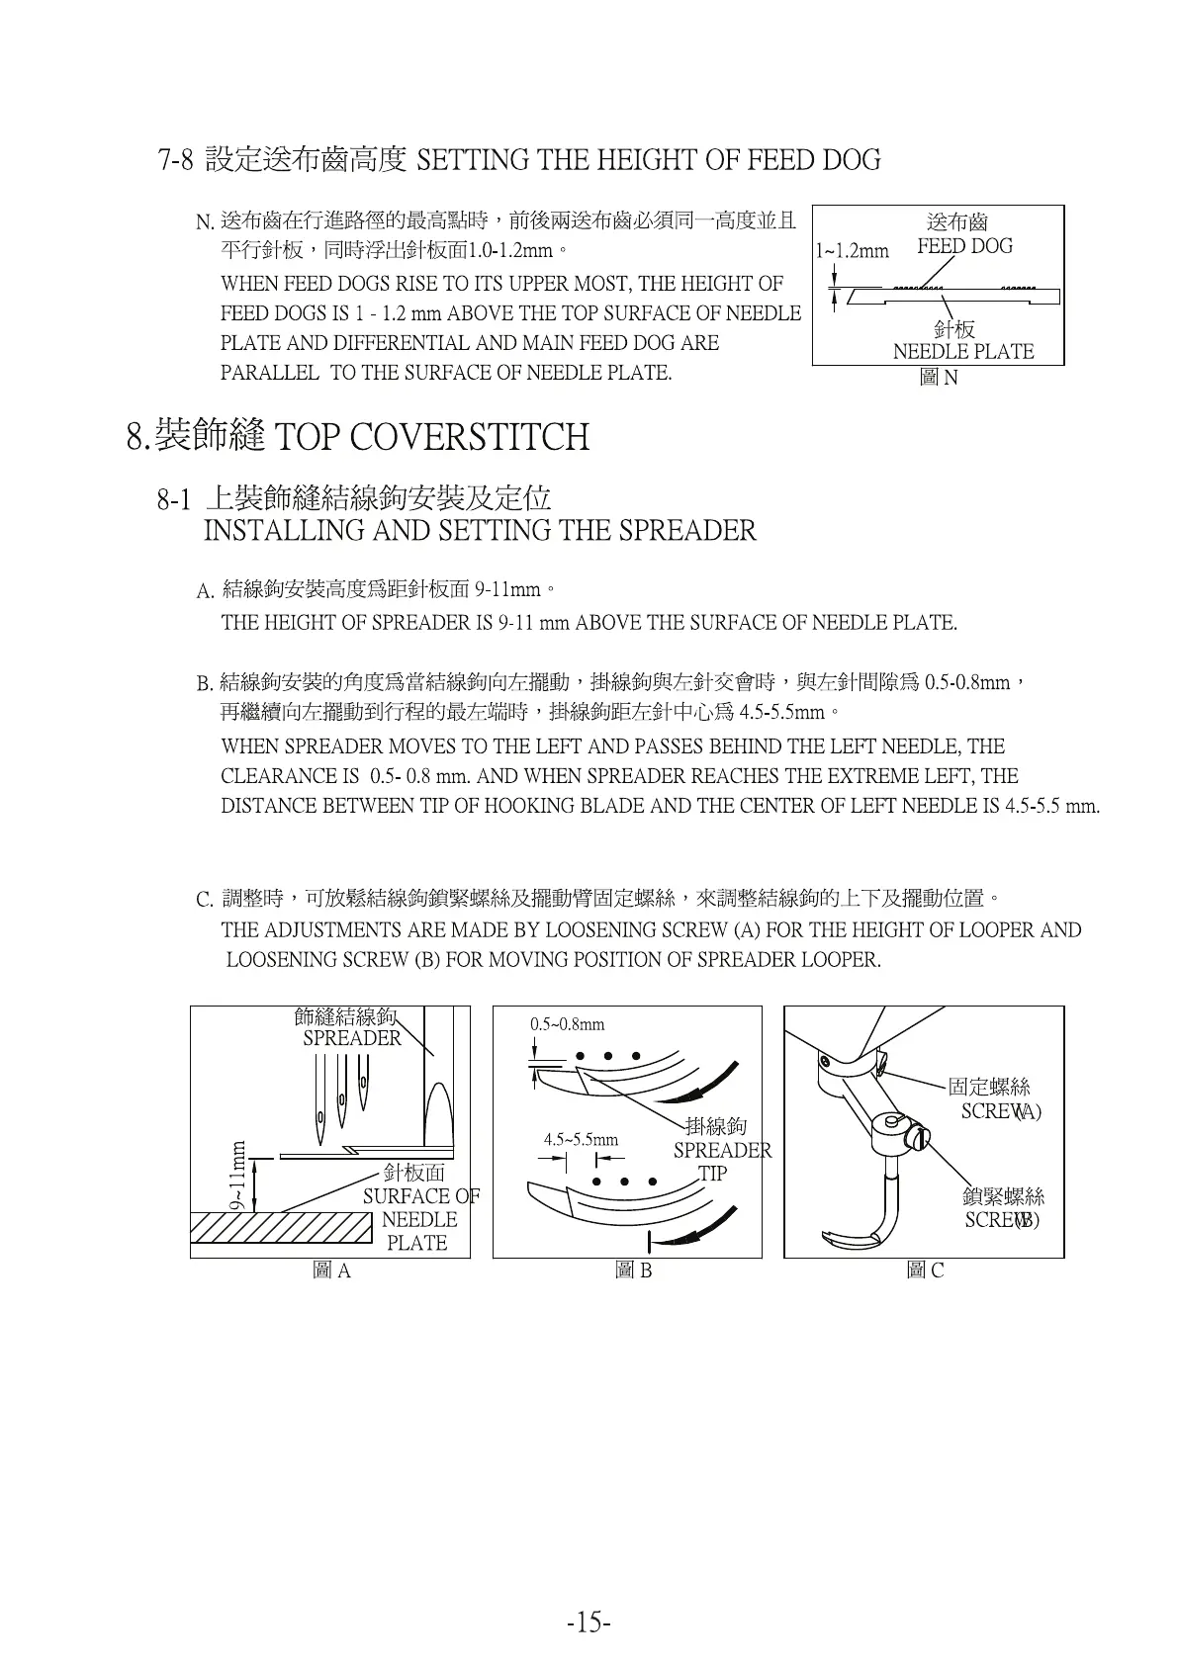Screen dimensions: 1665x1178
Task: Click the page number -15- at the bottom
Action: click(x=589, y=1622)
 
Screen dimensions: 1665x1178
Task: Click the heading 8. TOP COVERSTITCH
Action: click(x=358, y=436)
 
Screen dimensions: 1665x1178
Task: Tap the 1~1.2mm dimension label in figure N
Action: click(x=853, y=250)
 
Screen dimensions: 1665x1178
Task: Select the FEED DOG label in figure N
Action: click(x=964, y=246)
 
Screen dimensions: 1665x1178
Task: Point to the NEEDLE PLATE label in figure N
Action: click(x=962, y=352)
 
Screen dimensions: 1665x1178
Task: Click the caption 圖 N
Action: click(x=938, y=377)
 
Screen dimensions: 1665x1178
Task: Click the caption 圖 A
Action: click(x=331, y=1271)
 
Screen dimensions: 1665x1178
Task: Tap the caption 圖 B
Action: click(x=633, y=1271)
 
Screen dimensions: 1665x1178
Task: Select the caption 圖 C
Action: click(x=925, y=1271)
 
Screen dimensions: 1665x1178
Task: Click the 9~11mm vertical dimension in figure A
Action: click(x=237, y=1175)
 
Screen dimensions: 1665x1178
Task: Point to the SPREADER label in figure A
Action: click(x=352, y=1038)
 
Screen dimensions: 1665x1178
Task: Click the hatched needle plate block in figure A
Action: click(x=281, y=1234)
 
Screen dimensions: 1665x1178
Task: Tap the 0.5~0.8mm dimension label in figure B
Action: click(x=567, y=1024)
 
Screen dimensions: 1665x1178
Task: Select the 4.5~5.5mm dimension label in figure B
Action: click(x=581, y=1139)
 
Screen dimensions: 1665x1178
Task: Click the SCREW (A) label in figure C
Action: click(x=1000, y=1110)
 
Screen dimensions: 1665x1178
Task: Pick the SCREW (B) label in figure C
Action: click(x=1001, y=1219)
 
